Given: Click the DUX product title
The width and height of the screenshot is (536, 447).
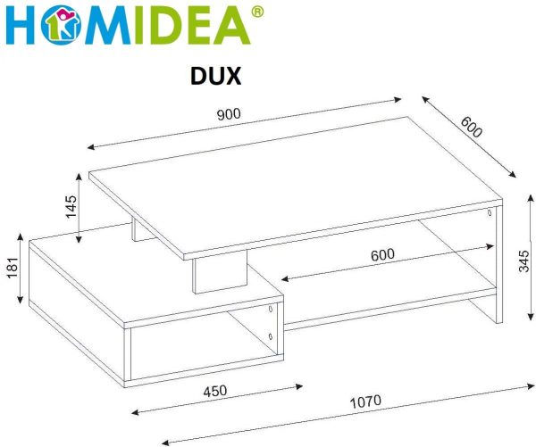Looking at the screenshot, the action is [215, 76].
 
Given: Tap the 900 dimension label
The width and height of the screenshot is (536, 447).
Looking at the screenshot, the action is [229, 114].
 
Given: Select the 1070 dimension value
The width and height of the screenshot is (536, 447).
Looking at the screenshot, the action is [365, 401].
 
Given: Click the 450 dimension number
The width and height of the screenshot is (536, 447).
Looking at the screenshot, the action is [215, 391].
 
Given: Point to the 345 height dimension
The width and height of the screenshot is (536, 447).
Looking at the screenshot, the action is [523, 261].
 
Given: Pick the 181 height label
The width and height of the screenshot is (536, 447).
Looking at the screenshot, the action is [13, 269].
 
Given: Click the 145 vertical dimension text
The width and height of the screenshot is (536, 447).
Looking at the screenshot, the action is [71, 207].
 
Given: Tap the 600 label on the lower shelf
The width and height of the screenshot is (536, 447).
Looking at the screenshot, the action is [382, 255].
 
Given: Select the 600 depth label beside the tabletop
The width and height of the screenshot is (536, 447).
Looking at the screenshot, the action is [471, 127].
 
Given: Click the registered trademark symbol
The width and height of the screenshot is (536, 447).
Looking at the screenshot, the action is [257, 12].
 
